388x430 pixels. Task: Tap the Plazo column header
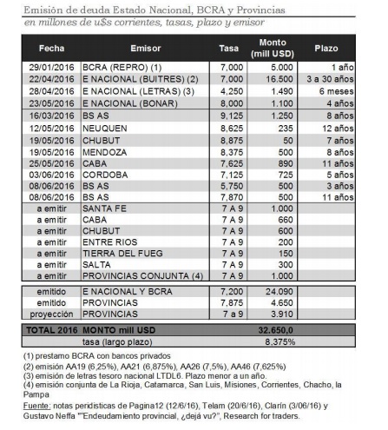(326, 47)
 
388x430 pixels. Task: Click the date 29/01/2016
(51, 67)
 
